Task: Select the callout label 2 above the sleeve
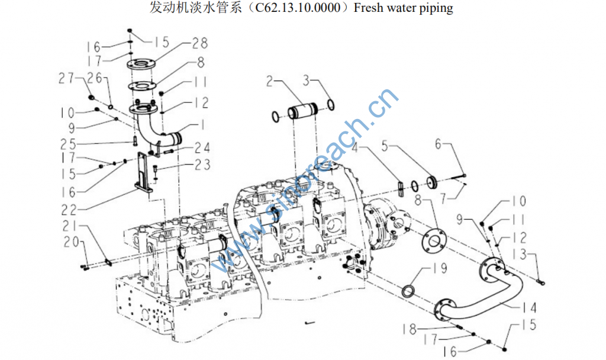coord(270,81)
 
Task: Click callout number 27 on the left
coord(66,78)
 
